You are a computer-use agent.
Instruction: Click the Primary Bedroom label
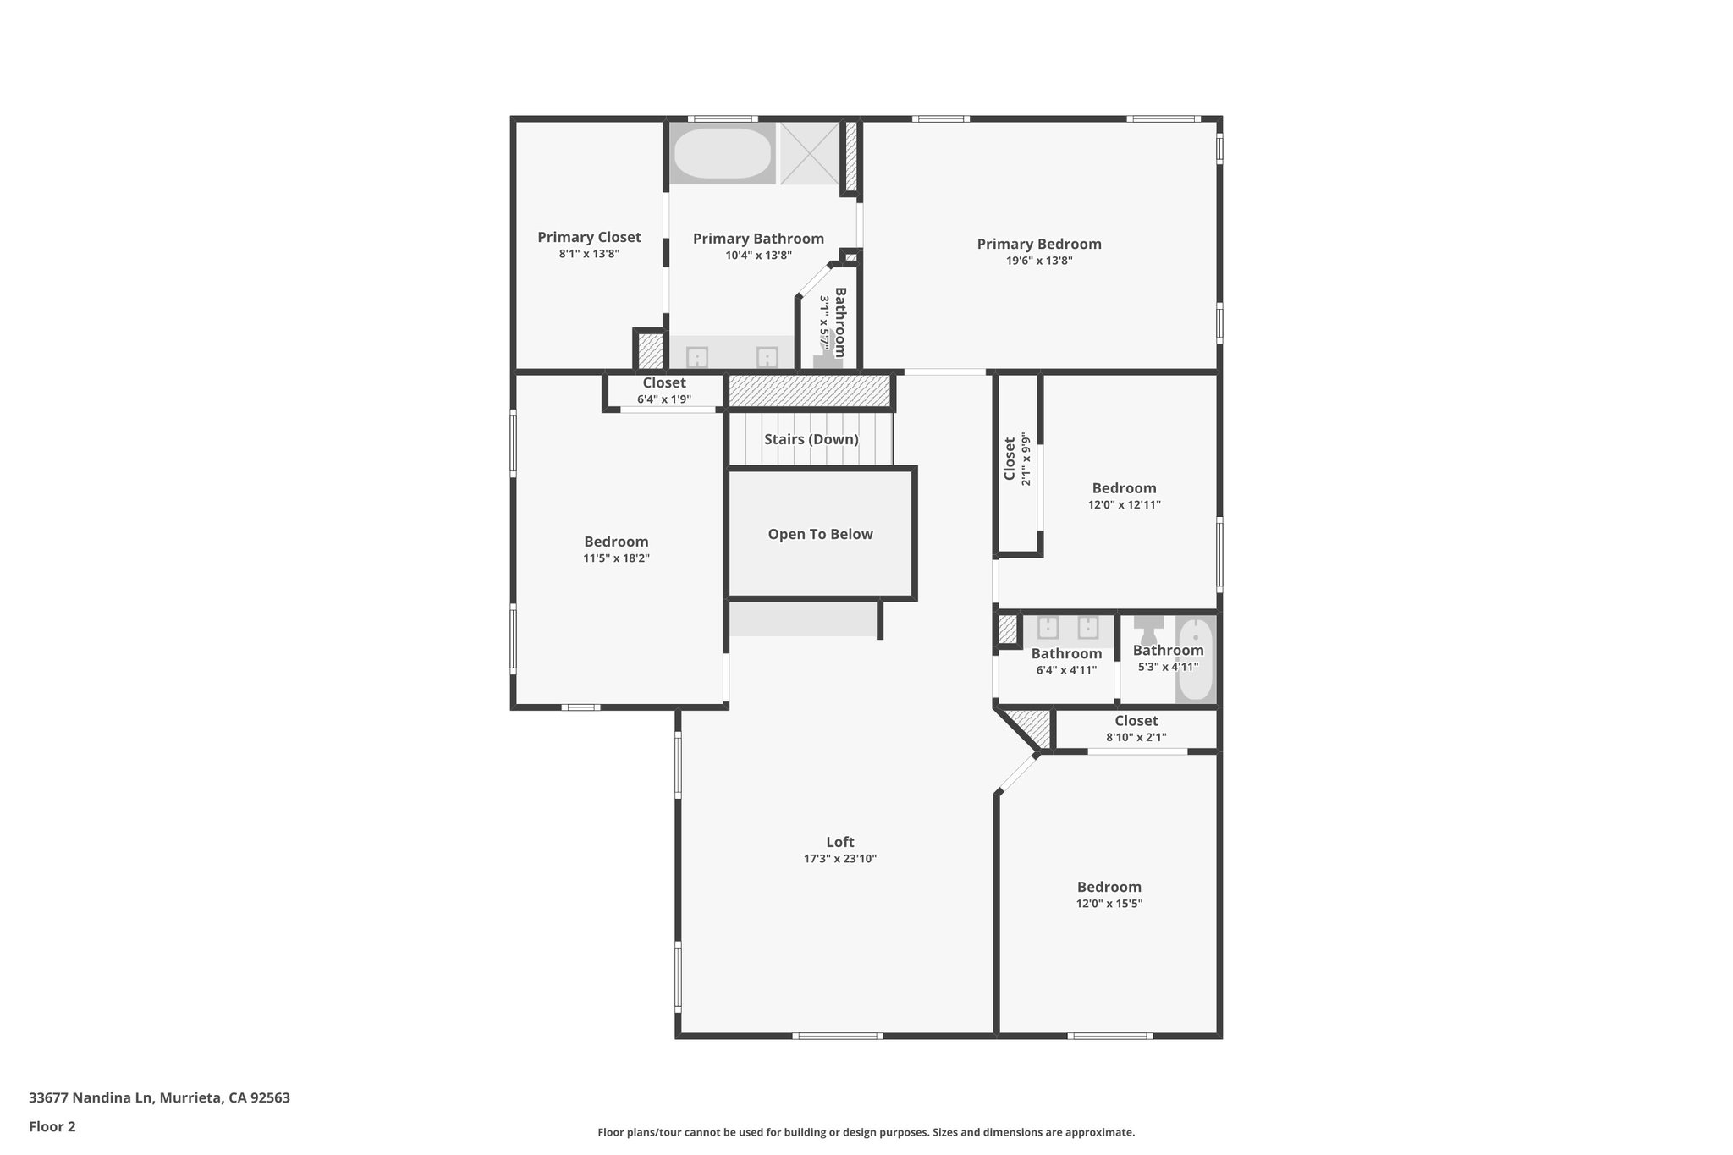point(1039,244)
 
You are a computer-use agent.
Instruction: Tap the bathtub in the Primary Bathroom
point(722,153)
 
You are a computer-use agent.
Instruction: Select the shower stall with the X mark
point(810,153)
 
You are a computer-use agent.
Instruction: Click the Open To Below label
point(820,534)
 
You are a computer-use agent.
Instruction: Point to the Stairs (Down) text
point(811,439)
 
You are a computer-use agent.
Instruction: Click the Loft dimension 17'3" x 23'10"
point(839,859)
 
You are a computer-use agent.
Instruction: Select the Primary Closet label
point(589,237)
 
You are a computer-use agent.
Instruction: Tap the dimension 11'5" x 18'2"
point(616,558)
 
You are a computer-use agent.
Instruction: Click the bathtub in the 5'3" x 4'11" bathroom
point(1195,660)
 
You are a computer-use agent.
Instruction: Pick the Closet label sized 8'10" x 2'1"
point(1136,721)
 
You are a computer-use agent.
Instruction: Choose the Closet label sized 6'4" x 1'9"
point(663,383)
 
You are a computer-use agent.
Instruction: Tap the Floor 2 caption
point(52,1126)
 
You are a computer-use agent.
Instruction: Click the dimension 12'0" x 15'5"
point(1109,904)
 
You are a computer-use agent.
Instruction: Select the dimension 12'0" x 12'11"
point(1124,505)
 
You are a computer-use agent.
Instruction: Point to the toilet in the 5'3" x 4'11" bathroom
point(1148,630)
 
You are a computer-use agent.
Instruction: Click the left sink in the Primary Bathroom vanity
point(696,357)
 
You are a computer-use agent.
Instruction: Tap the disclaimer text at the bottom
point(866,1132)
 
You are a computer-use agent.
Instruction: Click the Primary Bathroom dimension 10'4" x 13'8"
point(758,256)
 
